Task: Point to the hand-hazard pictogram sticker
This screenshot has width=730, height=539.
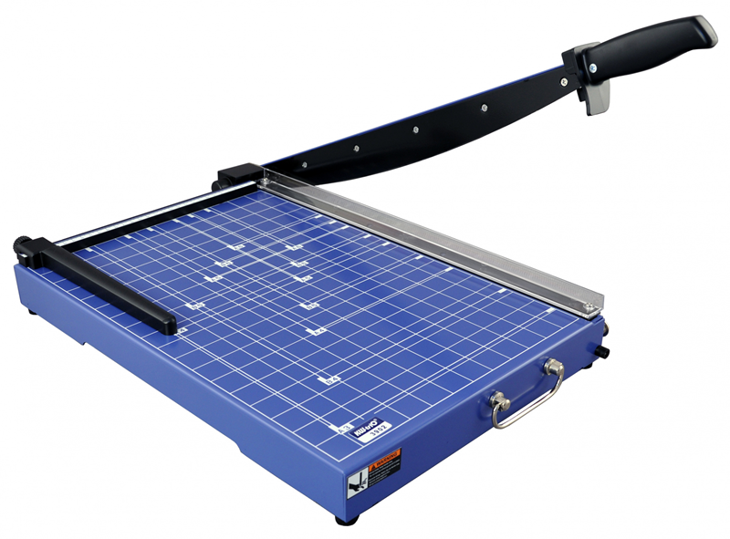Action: pyautogui.click(x=360, y=477)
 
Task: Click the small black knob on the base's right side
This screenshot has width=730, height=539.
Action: pyautogui.click(x=603, y=352)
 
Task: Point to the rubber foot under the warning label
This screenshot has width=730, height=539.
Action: pyautogui.click(x=345, y=520)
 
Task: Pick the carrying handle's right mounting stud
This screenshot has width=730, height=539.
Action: pyautogui.click(x=551, y=367)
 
